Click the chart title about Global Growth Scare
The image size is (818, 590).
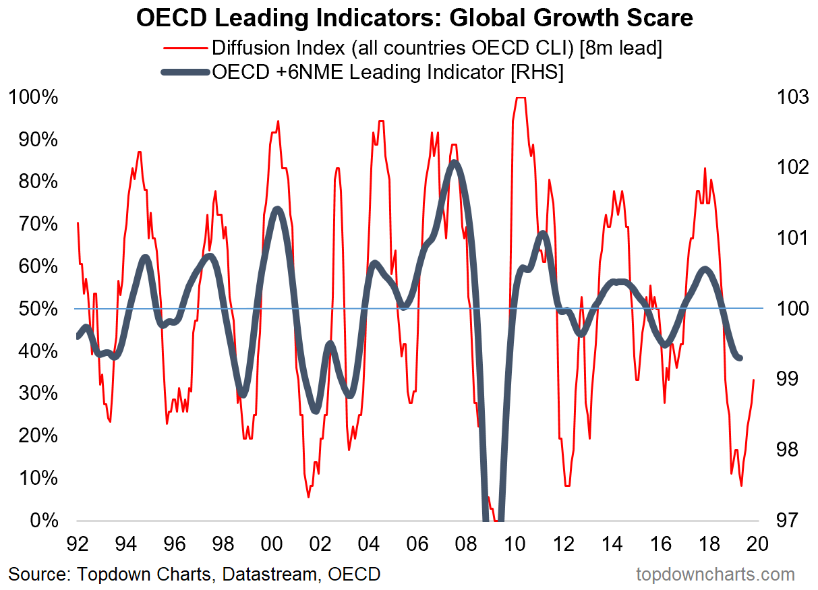414,18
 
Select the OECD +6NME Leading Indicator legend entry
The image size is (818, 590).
388,72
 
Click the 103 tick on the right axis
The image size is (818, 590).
786,97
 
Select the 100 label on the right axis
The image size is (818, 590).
786,309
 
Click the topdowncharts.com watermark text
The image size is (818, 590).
715,574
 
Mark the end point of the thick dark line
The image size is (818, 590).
740,358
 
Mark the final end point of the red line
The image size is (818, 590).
753,380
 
